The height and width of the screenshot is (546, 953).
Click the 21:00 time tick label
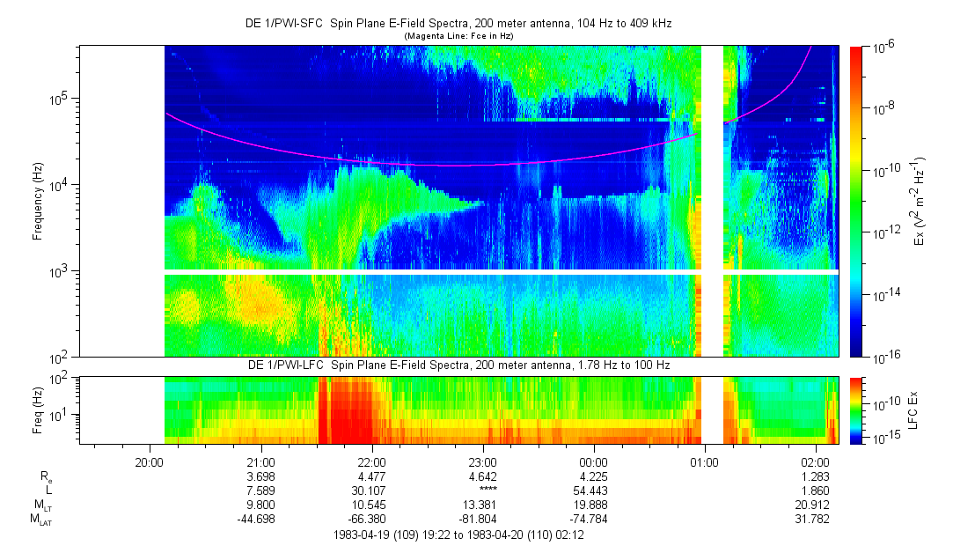tap(260, 461)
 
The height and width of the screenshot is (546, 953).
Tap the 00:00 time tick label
tap(594, 461)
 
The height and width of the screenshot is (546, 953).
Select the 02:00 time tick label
tap(816, 461)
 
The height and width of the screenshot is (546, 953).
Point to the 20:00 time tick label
tap(150, 461)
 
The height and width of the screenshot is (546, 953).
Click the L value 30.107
tap(371, 491)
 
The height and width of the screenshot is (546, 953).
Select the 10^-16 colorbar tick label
tap(883, 356)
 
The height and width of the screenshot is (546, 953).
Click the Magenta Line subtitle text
tap(458, 35)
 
